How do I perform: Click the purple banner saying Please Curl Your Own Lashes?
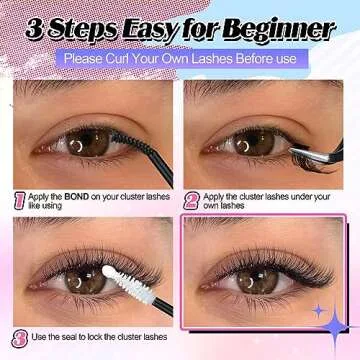[180, 58]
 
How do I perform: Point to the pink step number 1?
[19, 200]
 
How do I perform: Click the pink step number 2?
[192, 200]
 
